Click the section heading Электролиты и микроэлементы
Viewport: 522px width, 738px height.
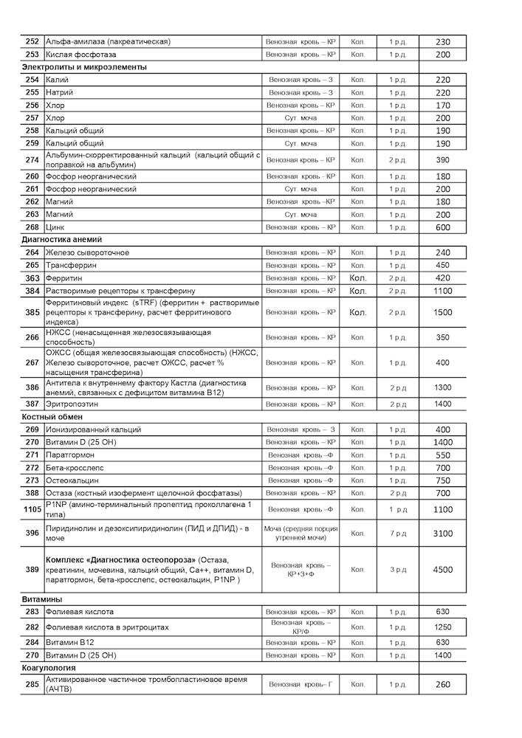coord(83,67)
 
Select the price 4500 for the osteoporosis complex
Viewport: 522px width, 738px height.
coord(443,570)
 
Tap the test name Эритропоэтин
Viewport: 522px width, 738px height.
coord(72,404)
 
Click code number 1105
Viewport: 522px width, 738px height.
coord(32,509)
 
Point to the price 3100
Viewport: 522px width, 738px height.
coord(443,533)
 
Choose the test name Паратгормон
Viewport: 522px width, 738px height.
coord(71,455)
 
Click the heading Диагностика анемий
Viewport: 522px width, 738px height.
coord(62,240)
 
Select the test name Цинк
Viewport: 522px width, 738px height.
coord(56,227)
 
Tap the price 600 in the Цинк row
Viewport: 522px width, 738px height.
coord(443,227)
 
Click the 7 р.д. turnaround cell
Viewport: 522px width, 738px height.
coord(398,533)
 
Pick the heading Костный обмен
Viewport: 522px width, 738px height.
coord(51,417)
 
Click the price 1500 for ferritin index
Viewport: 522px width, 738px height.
coord(443,312)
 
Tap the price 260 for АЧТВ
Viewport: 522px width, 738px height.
coord(443,684)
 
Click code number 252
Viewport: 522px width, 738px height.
coord(32,42)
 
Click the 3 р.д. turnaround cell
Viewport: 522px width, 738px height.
coord(398,570)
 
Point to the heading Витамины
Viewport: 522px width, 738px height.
coord(42,599)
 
